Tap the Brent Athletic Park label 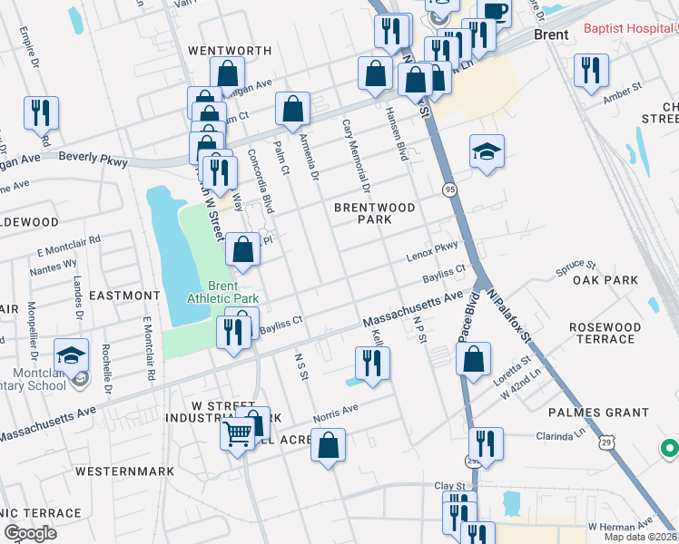(x=222, y=290)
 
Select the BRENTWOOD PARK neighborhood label (x=374, y=213)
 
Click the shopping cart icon (x=238, y=434)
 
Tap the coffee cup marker (x=495, y=11)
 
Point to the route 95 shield (x=449, y=189)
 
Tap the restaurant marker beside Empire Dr (x=41, y=112)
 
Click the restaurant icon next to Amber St (x=591, y=70)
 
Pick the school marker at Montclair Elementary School (x=71, y=355)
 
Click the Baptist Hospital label (x=630, y=29)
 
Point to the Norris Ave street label (x=336, y=409)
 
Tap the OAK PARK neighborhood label (x=605, y=280)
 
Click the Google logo (x=30, y=532)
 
